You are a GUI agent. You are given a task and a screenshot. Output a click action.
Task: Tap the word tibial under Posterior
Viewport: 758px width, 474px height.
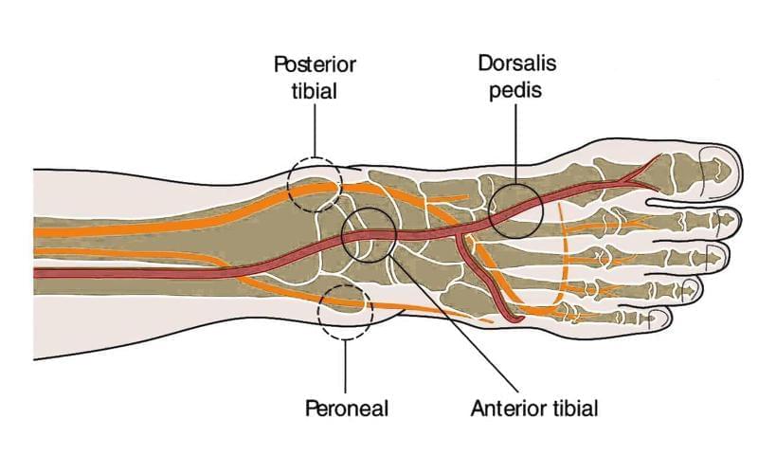click(x=316, y=92)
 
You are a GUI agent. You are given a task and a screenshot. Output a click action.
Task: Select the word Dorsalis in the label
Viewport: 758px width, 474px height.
click(x=517, y=65)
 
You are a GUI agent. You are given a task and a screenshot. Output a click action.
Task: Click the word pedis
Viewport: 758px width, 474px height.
click(x=517, y=92)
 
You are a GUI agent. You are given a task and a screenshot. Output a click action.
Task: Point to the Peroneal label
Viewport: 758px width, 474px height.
click(x=348, y=410)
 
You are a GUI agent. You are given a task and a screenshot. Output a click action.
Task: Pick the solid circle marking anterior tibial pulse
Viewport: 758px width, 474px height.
click(x=370, y=234)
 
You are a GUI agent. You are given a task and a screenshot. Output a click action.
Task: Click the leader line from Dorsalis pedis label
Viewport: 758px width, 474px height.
click(x=516, y=142)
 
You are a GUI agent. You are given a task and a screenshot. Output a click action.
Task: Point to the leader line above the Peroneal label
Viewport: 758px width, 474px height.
click(x=347, y=364)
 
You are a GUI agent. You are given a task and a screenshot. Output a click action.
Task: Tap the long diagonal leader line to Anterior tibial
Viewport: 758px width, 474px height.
click(x=455, y=322)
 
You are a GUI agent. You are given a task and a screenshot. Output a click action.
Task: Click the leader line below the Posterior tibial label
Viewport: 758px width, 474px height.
click(x=316, y=132)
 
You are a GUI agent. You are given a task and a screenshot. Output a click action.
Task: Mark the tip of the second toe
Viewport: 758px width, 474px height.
click(x=736, y=222)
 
